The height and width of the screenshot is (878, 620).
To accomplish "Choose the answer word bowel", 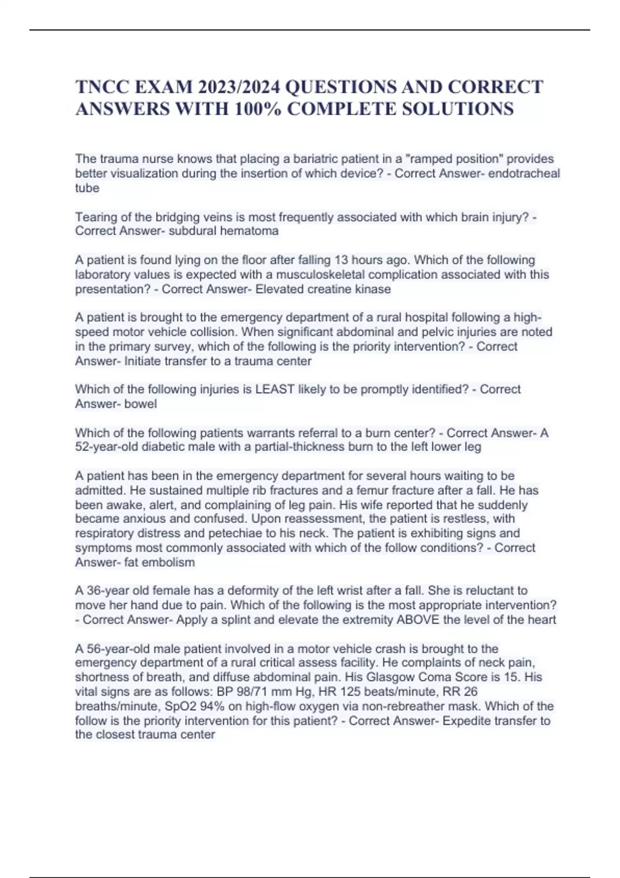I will coord(141,404).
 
